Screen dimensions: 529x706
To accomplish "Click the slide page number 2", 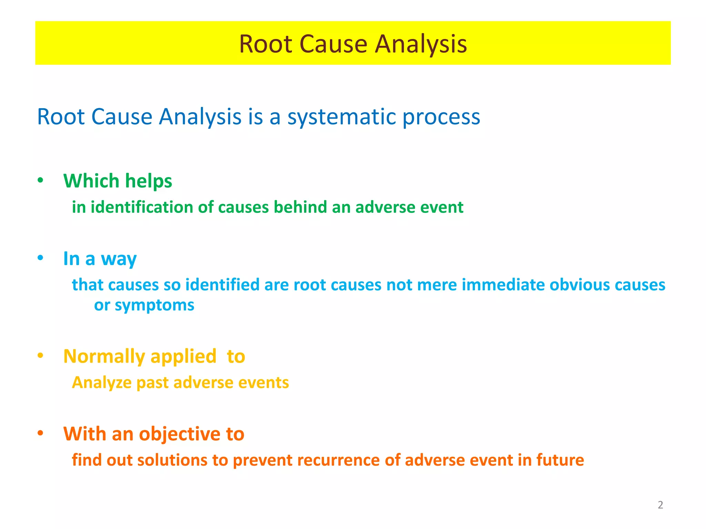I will click(660, 505).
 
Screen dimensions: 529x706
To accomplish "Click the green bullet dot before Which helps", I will click(41, 180).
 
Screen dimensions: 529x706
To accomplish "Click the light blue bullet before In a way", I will click(41, 258).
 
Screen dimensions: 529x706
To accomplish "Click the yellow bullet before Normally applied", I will click(41, 356).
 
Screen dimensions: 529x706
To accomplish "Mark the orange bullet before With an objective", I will click(41, 433).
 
